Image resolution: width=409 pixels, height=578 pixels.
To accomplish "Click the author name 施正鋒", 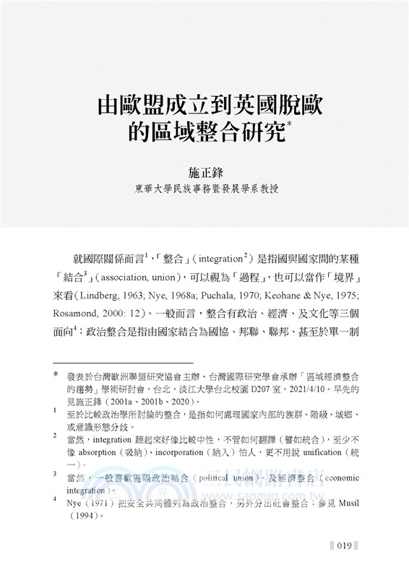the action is [x=204, y=173].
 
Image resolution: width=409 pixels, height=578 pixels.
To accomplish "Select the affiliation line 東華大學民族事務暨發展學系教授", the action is [x=204, y=191].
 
